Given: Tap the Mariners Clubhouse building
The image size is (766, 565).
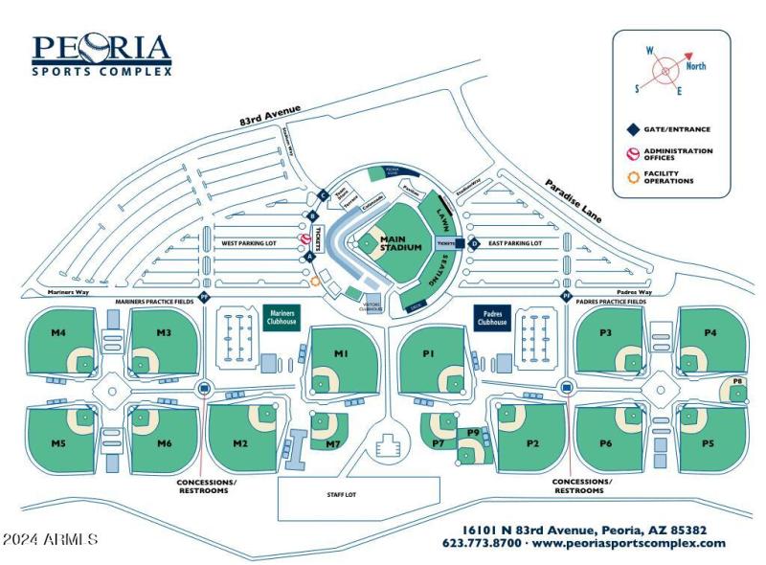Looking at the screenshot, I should (282, 318).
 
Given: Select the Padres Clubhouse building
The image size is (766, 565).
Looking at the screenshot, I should (492, 318).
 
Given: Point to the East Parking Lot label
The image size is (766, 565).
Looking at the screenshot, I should (515, 243).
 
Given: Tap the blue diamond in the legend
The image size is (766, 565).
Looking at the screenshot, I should (631, 128).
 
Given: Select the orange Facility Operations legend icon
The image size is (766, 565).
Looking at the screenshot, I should (631, 176).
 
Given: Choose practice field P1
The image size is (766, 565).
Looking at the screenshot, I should (429, 354).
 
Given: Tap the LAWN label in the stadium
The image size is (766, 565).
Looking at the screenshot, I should (442, 211).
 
